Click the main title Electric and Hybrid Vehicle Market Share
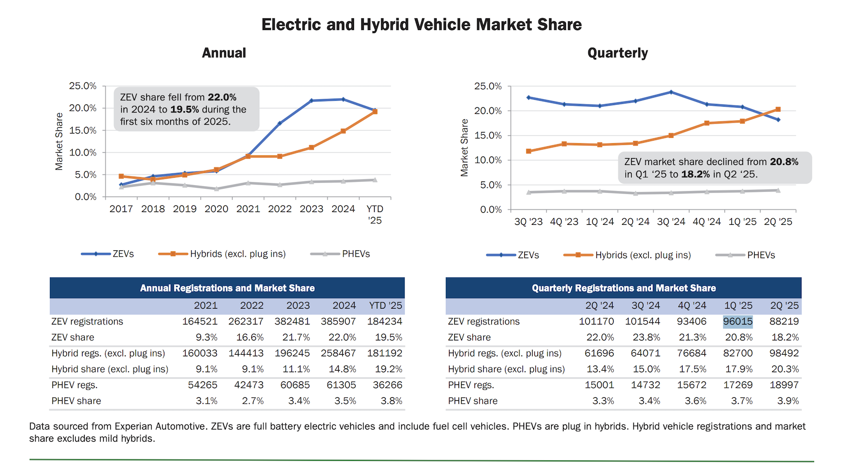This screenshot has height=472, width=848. [421, 24]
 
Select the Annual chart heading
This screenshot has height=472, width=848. [224, 53]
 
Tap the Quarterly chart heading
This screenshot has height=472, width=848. [617, 53]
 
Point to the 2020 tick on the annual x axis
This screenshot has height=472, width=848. [216, 209]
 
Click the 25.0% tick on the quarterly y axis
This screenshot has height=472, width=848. [488, 86]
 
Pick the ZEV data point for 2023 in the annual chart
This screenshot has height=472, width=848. [312, 100]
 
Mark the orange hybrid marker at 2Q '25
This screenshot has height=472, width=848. [778, 109]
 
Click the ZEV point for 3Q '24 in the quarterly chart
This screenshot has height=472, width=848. [671, 92]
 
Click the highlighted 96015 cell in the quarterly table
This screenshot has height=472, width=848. [738, 321]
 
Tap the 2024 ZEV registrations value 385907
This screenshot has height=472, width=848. [338, 321]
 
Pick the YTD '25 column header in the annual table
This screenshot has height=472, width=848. [385, 305]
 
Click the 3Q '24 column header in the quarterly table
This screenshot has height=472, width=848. [646, 305]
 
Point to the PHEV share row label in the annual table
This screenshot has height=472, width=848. [76, 401]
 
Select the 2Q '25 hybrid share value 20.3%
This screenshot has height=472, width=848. [785, 369]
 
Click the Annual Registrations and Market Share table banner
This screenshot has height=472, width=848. [227, 288]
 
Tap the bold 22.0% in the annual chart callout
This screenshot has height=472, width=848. [222, 97]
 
